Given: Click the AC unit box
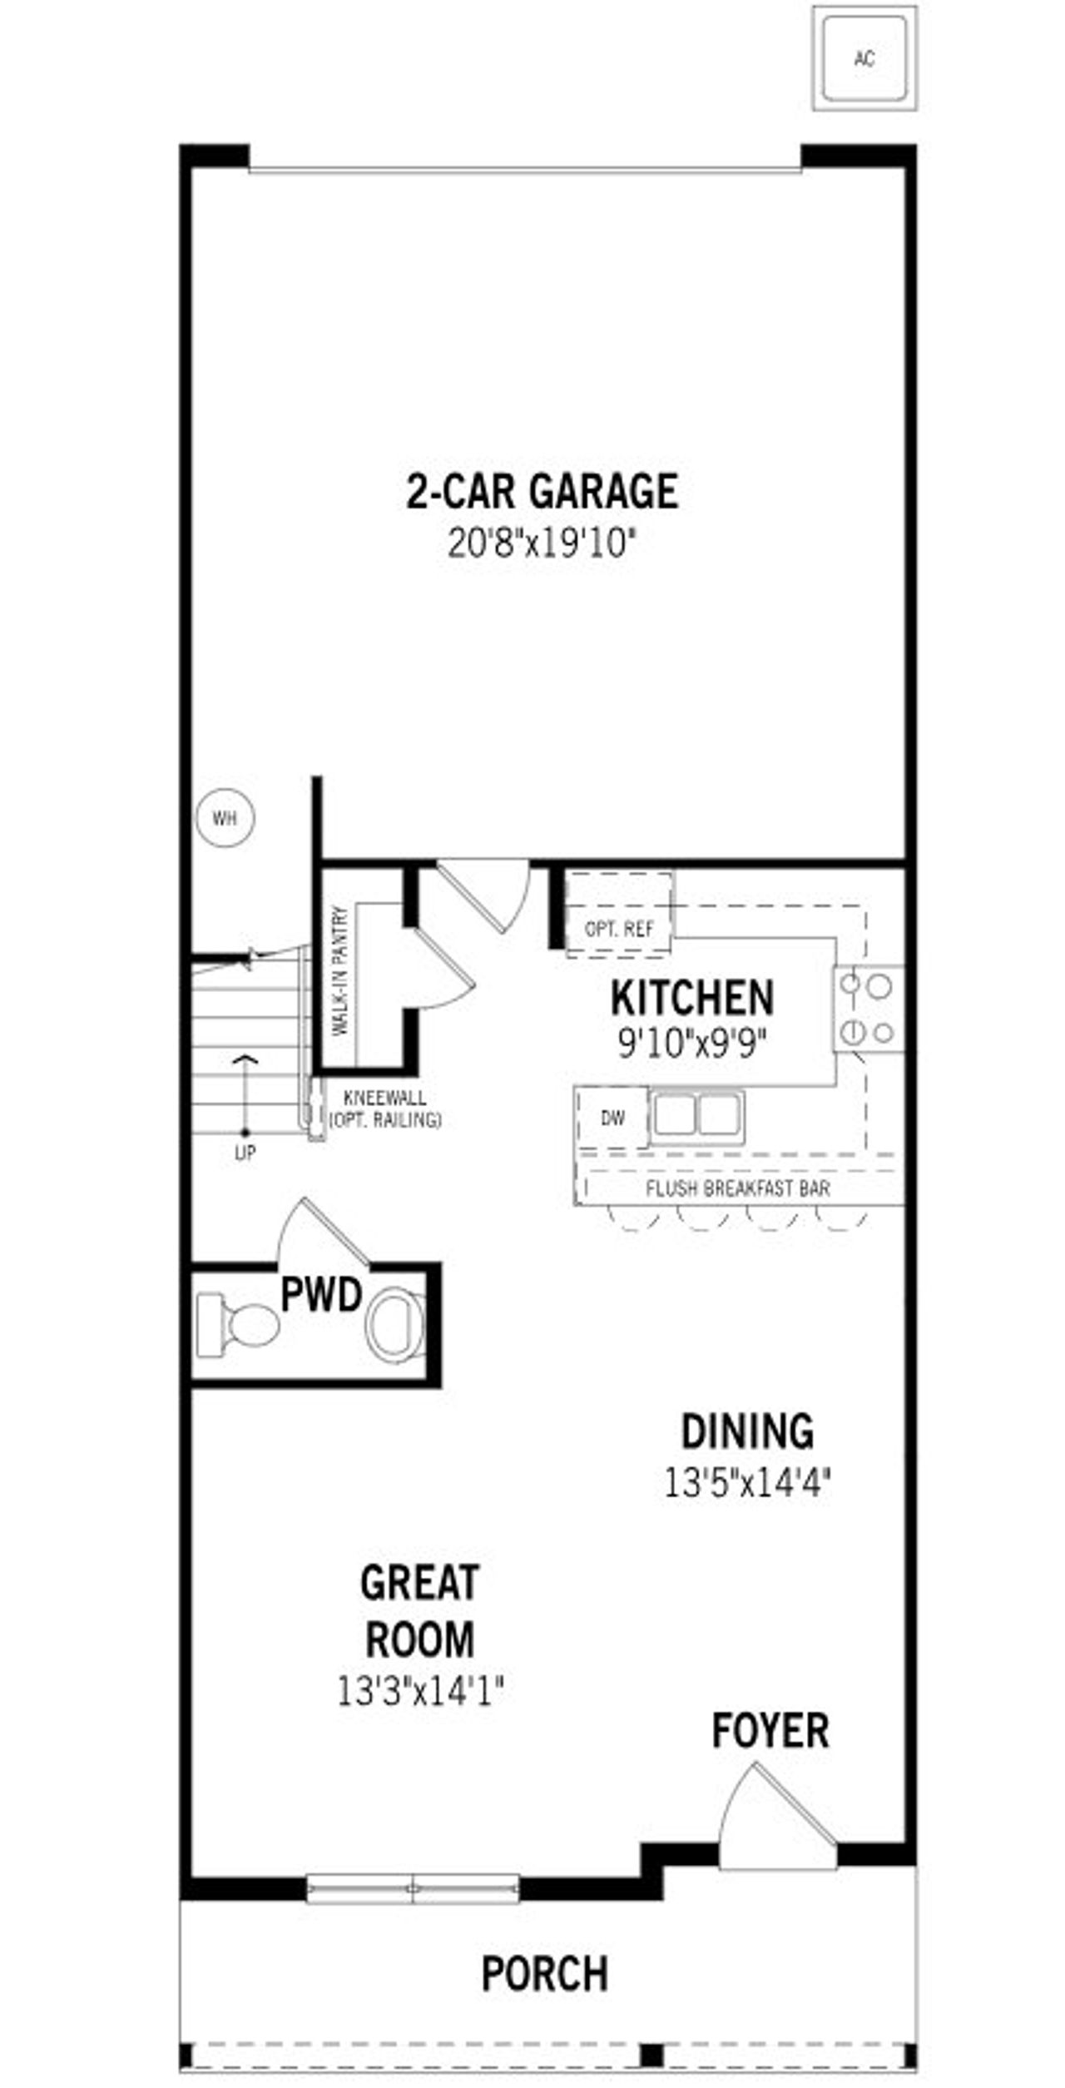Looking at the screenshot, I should click(864, 58).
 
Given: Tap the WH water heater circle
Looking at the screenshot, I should click(225, 818).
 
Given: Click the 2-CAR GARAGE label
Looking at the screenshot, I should click(542, 491).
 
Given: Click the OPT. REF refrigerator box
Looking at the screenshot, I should click(619, 928).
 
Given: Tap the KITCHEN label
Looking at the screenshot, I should click(691, 998).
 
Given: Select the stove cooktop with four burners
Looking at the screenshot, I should click(868, 1009).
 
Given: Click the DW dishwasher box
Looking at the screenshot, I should click(612, 1118).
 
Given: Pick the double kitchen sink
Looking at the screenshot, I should click(696, 1115).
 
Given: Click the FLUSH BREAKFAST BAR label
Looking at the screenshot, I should click(737, 1188).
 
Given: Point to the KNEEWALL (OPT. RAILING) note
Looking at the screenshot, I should click(384, 1109).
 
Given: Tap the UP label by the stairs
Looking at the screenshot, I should click(245, 1153).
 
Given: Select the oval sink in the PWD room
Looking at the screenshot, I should click(396, 1325).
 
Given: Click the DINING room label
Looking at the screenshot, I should click(747, 1431).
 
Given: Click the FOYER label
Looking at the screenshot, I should click(770, 1730).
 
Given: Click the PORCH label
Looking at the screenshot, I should click(545, 1973).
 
